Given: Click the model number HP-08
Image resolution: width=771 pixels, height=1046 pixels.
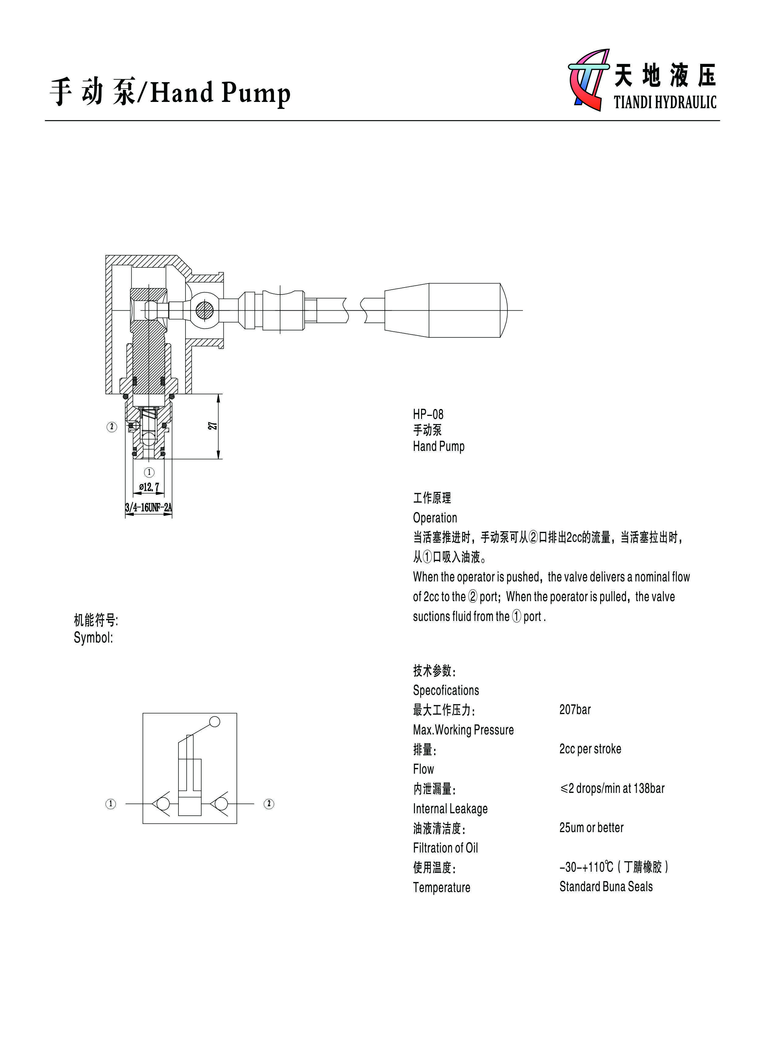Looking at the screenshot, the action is pyautogui.click(x=428, y=414).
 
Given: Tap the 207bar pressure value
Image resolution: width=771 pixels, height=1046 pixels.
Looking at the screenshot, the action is pyautogui.click(x=575, y=710).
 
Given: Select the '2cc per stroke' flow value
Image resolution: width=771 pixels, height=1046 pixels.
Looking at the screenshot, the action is pyautogui.click(x=590, y=749).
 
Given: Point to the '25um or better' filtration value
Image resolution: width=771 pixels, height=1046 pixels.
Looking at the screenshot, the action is pyautogui.click(x=591, y=828).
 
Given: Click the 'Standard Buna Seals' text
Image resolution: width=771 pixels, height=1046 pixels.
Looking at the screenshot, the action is pyautogui.click(x=606, y=886).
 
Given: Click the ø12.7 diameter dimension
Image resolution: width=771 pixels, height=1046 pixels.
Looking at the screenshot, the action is pyautogui.click(x=149, y=487).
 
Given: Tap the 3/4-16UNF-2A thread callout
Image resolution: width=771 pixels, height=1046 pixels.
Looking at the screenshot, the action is pyautogui.click(x=148, y=507).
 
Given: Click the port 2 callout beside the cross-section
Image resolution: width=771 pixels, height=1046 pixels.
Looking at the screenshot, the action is pyautogui.click(x=112, y=427).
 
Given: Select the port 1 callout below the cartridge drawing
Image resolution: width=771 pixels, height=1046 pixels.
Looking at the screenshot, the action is pyautogui.click(x=149, y=472).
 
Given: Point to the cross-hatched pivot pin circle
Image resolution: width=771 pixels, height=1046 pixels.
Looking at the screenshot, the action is pyautogui.click(x=204, y=311).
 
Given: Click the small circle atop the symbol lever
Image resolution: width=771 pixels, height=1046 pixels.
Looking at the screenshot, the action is pyautogui.click(x=215, y=722).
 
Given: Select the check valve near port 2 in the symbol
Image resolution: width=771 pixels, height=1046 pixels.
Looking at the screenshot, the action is pyautogui.click(x=220, y=804).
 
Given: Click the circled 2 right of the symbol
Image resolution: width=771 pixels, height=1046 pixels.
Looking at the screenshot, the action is pyautogui.click(x=269, y=804).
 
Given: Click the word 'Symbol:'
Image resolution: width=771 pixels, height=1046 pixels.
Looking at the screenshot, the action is pyautogui.click(x=93, y=638).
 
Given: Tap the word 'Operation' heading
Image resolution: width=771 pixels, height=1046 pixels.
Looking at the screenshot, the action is pyautogui.click(x=435, y=518).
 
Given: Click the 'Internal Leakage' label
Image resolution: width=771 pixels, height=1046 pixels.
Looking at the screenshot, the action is pyautogui.click(x=450, y=808).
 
